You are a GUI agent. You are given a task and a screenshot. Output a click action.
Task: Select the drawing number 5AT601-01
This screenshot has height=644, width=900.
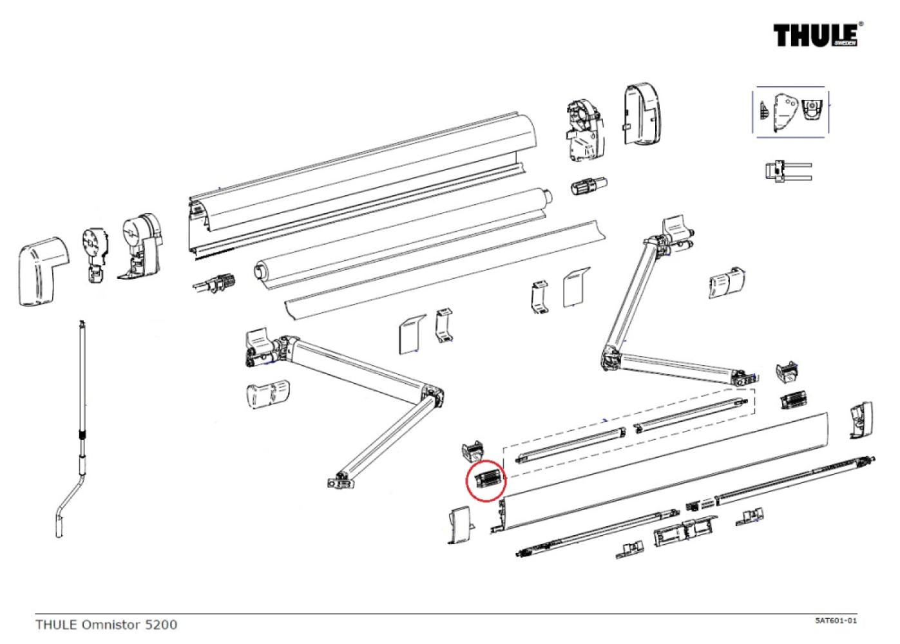tap(836, 621)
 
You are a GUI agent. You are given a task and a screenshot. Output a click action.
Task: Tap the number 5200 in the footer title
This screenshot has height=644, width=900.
tap(160, 624)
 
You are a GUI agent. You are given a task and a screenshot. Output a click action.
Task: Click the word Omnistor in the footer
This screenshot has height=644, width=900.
tap(110, 624)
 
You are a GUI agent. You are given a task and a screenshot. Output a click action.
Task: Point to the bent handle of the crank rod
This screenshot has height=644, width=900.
tap(69, 502)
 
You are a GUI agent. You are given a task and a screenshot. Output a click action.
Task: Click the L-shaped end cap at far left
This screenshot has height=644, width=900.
tap(42, 271)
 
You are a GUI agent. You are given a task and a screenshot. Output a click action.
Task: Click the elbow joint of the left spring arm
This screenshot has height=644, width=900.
tap(432, 395)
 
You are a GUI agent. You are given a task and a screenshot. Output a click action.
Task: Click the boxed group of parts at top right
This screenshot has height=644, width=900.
tap(790, 111)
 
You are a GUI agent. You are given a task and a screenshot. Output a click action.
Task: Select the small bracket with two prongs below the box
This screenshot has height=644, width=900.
tap(787, 171)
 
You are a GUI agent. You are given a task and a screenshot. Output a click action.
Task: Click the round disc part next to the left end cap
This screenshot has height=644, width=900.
tap(95, 245)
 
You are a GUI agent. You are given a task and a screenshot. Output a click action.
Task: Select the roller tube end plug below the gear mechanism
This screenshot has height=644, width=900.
tap(588, 187)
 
